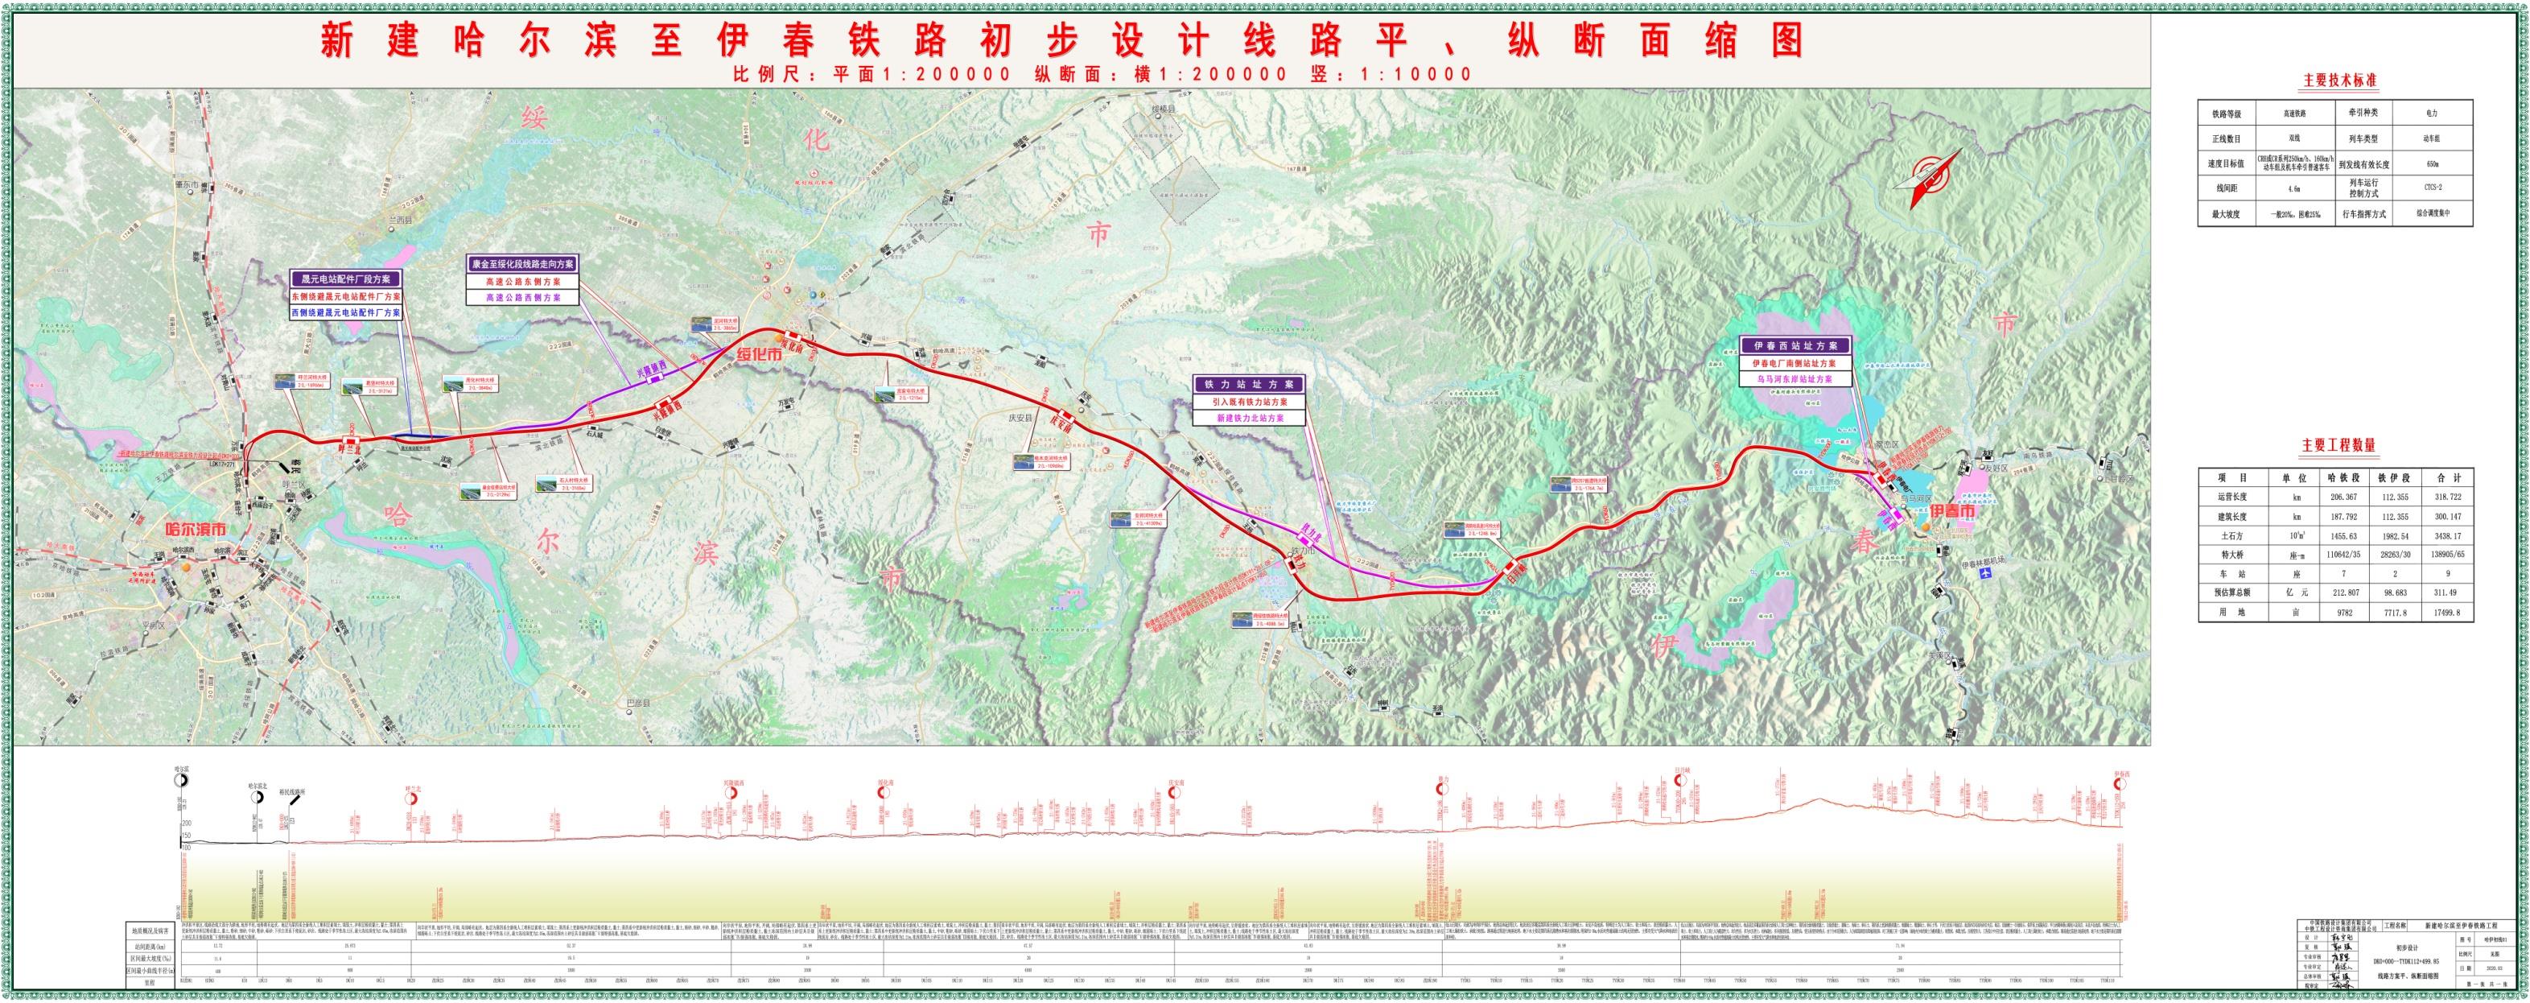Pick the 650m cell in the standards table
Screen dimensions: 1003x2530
(2427, 164)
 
